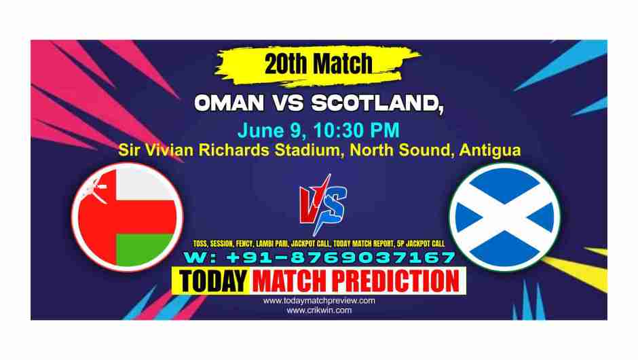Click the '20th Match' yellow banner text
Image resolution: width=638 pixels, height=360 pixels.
[318, 65]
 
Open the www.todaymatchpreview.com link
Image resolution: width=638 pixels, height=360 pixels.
[319, 300]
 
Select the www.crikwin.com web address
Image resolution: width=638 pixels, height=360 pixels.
[319, 310]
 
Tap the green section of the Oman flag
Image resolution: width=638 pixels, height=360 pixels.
[146, 249]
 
